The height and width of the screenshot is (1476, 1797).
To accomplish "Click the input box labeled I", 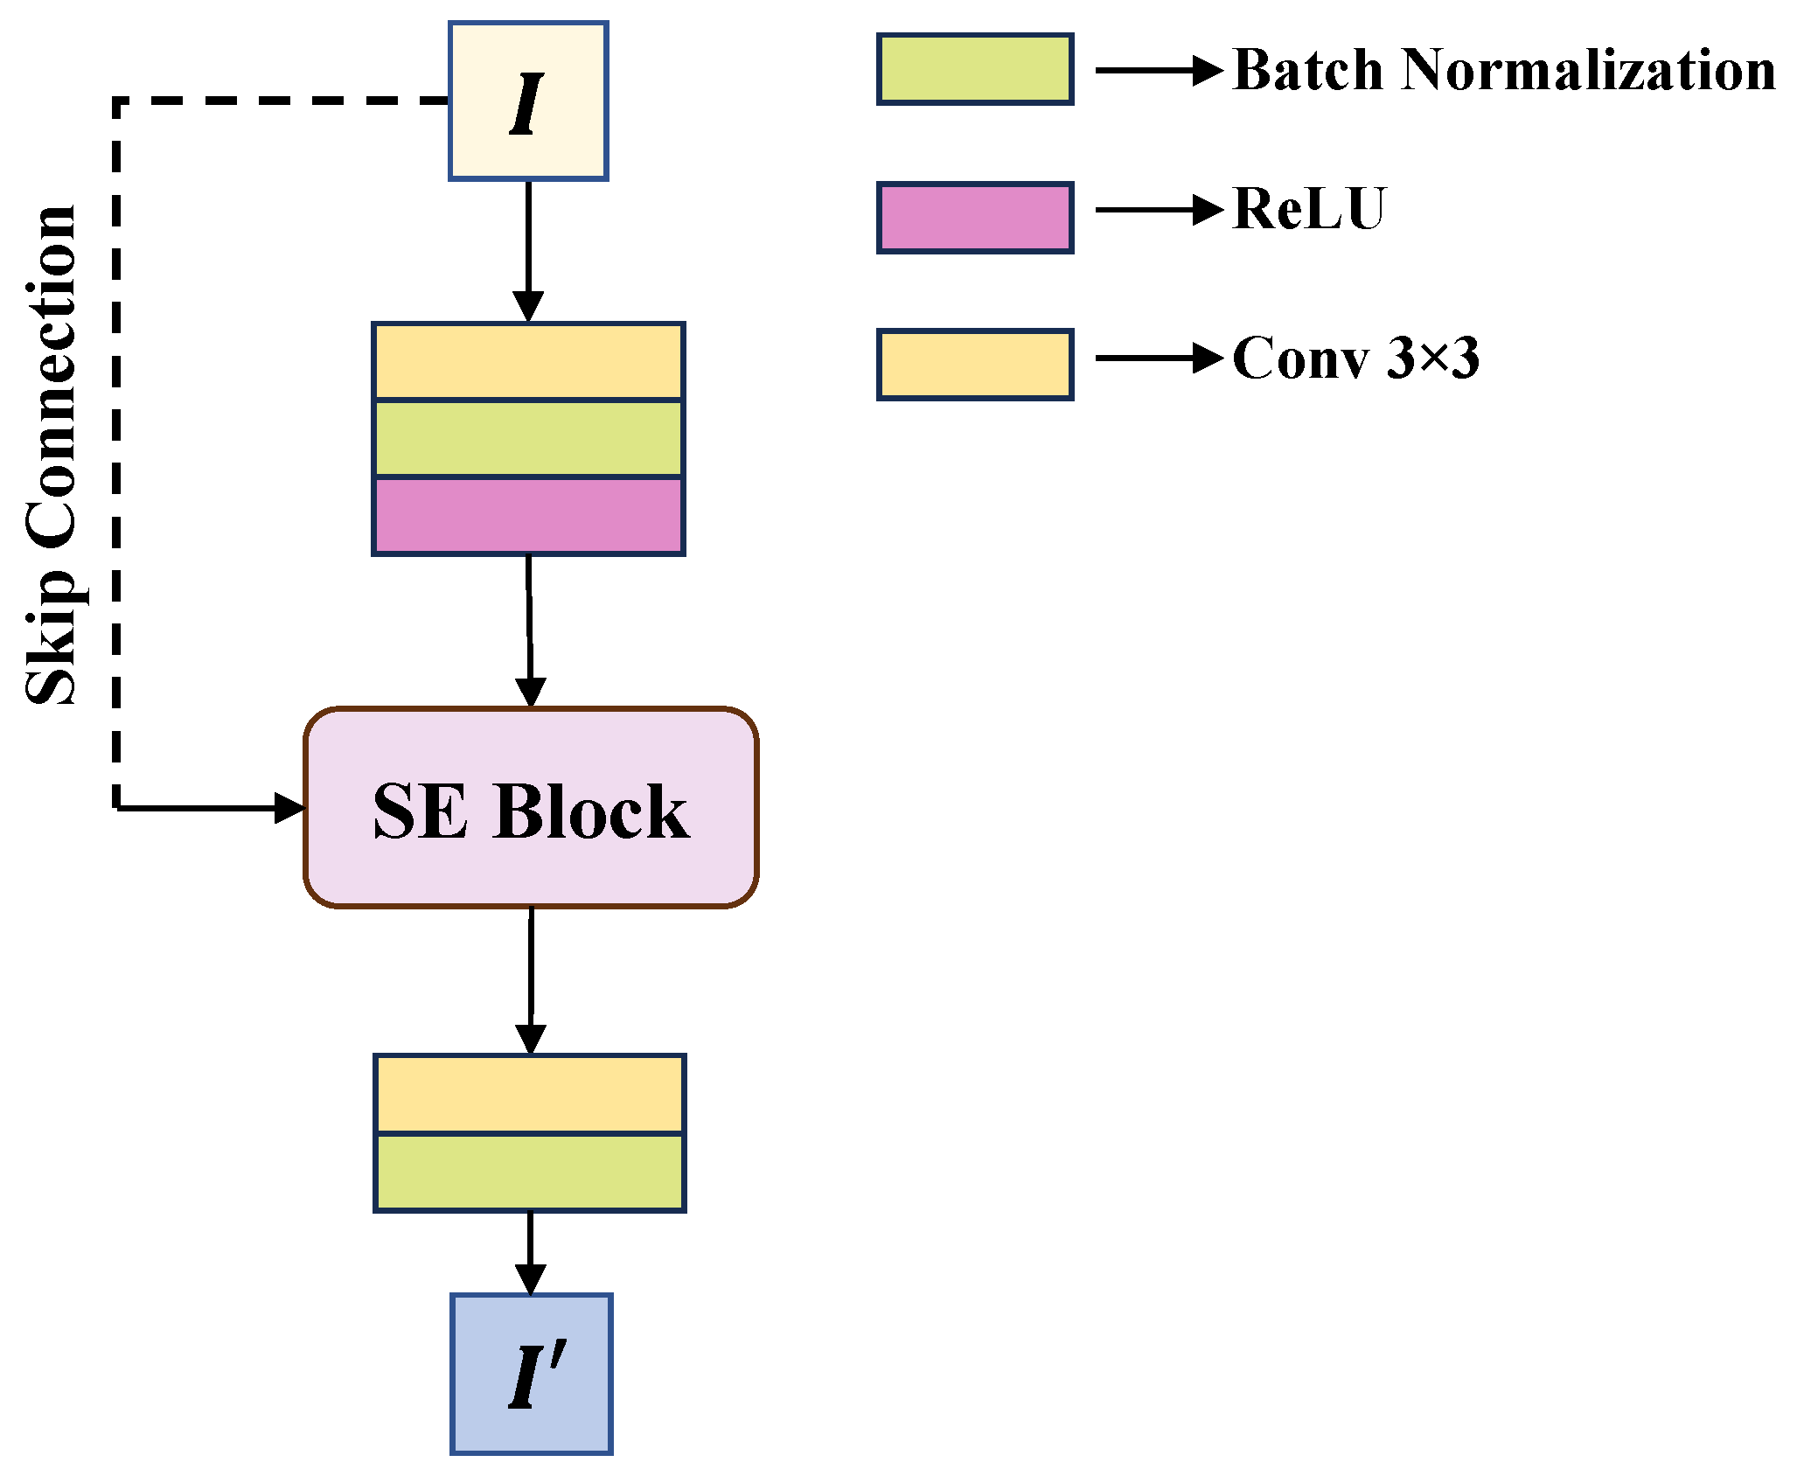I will (x=528, y=101).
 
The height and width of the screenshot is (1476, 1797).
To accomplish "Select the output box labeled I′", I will (x=531, y=1374).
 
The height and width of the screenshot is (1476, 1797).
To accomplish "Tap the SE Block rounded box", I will (x=531, y=807).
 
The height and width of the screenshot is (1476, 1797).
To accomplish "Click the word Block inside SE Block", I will (x=591, y=811).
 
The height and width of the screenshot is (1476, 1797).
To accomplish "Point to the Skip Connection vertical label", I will (x=51, y=455).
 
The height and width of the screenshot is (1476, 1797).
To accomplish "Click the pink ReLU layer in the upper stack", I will (x=528, y=516).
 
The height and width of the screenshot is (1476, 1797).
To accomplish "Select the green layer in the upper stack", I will (x=528, y=438).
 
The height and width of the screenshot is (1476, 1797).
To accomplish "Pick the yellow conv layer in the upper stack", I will (x=528, y=361).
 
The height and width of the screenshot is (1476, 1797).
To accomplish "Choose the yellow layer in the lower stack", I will (x=530, y=1094).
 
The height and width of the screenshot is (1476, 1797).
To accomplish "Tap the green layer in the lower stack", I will (x=530, y=1173).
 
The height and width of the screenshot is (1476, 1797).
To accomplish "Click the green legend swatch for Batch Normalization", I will (x=975, y=69).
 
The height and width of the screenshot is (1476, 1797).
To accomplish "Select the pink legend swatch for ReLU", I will (x=975, y=218).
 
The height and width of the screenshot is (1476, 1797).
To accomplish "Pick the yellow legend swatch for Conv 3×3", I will (x=975, y=365).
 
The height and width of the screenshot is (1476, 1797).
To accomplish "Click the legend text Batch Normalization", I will (x=1503, y=69).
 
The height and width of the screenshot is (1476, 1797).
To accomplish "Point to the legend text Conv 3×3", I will (x=1355, y=358).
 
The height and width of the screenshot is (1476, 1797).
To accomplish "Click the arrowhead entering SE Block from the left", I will (x=289, y=808).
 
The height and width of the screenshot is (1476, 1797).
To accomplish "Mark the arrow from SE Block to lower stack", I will (x=531, y=979).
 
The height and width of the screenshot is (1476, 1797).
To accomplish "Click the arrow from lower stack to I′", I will (x=530, y=1252).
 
